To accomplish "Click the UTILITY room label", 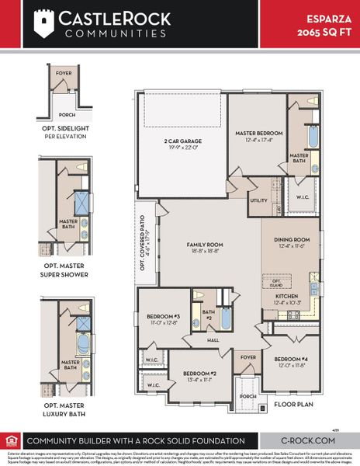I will coord(258,200).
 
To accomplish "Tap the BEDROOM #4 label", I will coord(292,359).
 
